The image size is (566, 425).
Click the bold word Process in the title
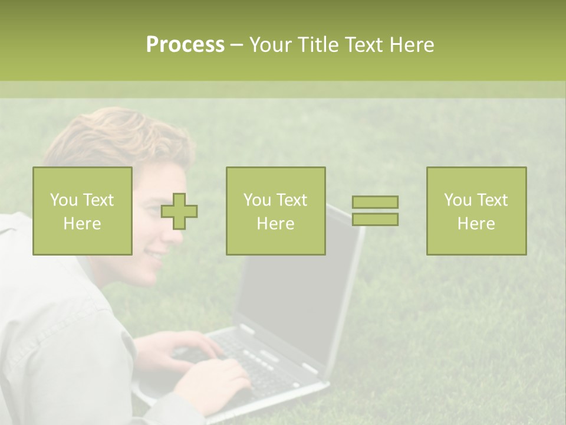point(185,45)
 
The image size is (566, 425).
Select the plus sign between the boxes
point(179,211)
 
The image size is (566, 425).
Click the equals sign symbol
point(375,211)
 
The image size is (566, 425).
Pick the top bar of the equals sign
point(375,202)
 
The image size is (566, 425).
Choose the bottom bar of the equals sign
point(375,220)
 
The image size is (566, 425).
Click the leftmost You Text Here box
point(83,211)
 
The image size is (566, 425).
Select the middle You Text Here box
point(276,211)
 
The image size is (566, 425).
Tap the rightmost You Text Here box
point(476,211)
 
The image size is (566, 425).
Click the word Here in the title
point(413,45)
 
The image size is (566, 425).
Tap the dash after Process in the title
point(237,45)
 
